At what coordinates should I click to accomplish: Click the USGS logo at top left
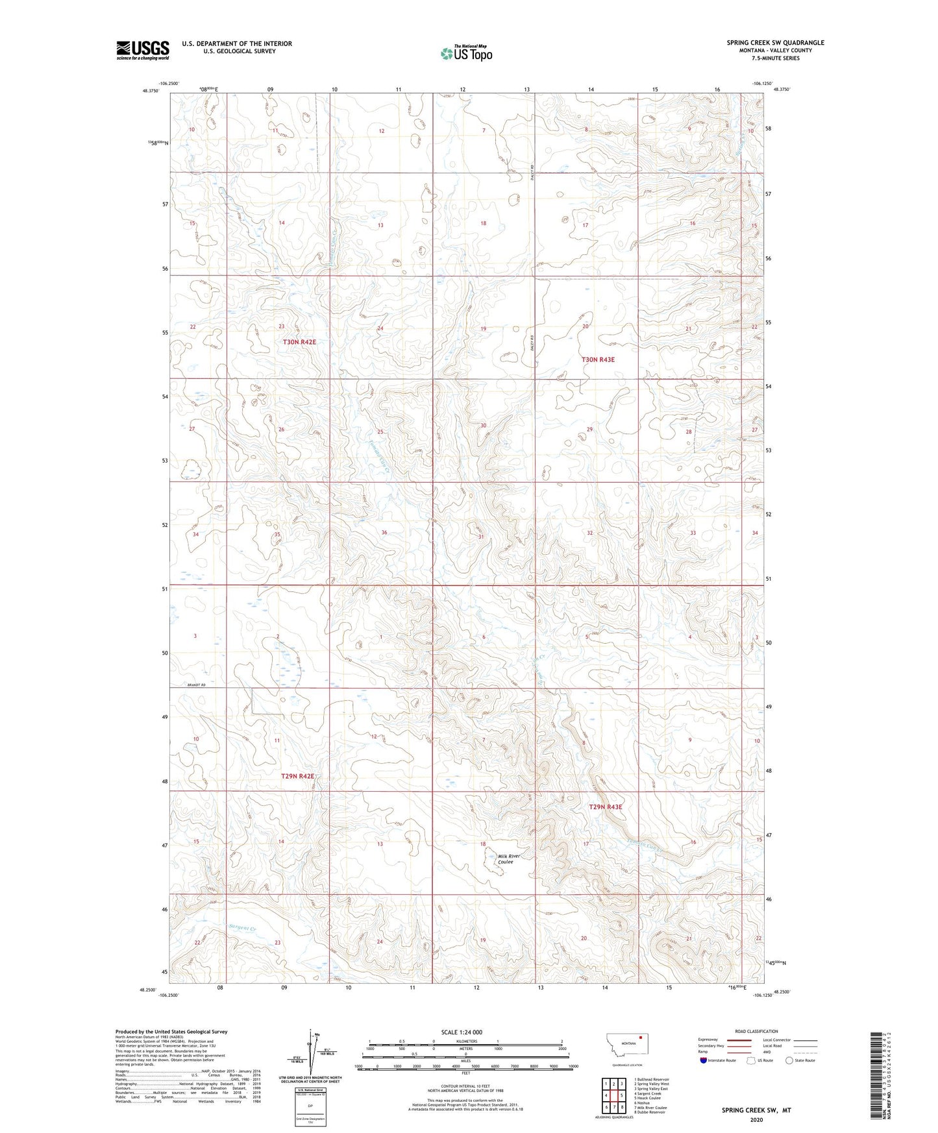pyautogui.click(x=142, y=49)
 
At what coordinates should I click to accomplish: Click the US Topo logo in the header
pyautogui.click(x=466, y=53)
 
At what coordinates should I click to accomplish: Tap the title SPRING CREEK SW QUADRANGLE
pyautogui.click(x=775, y=43)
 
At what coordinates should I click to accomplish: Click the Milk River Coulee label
pyautogui.click(x=509, y=859)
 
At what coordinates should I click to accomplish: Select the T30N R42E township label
pyautogui.click(x=299, y=342)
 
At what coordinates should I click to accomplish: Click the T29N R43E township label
pyautogui.click(x=605, y=807)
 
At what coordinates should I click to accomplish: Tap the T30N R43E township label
pyautogui.click(x=597, y=359)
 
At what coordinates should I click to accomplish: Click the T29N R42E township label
pyautogui.click(x=297, y=776)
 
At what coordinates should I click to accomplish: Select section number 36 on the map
pyautogui.click(x=384, y=533)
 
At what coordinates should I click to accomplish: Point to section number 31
pyautogui.click(x=481, y=537)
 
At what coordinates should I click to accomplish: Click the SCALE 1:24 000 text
pyautogui.click(x=461, y=1032)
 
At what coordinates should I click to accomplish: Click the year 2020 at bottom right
pyautogui.click(x=756, y=1119)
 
